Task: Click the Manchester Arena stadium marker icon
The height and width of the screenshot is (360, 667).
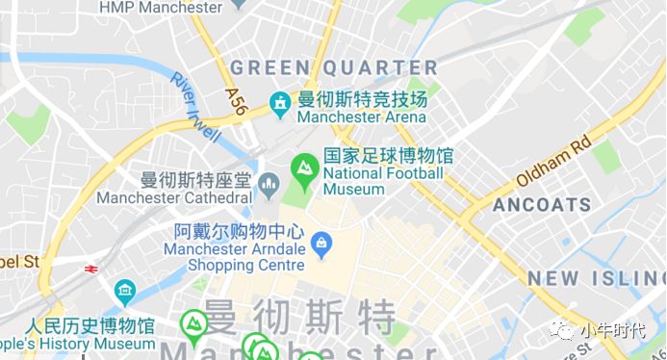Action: [280, 103]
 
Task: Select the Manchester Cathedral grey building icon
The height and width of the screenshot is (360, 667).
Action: [269, 181]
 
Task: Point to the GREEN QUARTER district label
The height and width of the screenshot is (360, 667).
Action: [334, 67]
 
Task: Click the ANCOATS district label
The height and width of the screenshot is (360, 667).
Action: [542, 205]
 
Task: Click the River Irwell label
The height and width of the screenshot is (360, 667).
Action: [195, 107]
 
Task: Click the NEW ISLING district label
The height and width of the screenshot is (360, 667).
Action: [596, 279]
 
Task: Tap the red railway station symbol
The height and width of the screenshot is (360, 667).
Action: [92, 270]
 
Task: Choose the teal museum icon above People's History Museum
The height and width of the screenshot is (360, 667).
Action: [124, 292]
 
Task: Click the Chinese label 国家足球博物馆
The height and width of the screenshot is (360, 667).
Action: [388, 156]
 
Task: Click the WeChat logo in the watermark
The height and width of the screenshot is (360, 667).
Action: [561, 331]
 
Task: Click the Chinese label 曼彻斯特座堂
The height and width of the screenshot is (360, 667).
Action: [195, 180]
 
